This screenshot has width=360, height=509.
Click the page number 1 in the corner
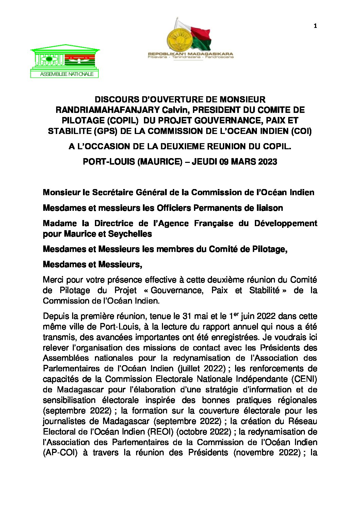(x=315, y=26)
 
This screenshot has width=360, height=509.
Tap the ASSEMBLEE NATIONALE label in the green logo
(x=67, y=74)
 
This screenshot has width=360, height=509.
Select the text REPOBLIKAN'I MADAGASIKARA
(x=191, y=54)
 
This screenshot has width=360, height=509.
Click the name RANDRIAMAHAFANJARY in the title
(x=108, y=110)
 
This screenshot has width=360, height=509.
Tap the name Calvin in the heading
(x=173, y=110)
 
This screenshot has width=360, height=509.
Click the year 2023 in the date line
(x=267, y=162)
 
